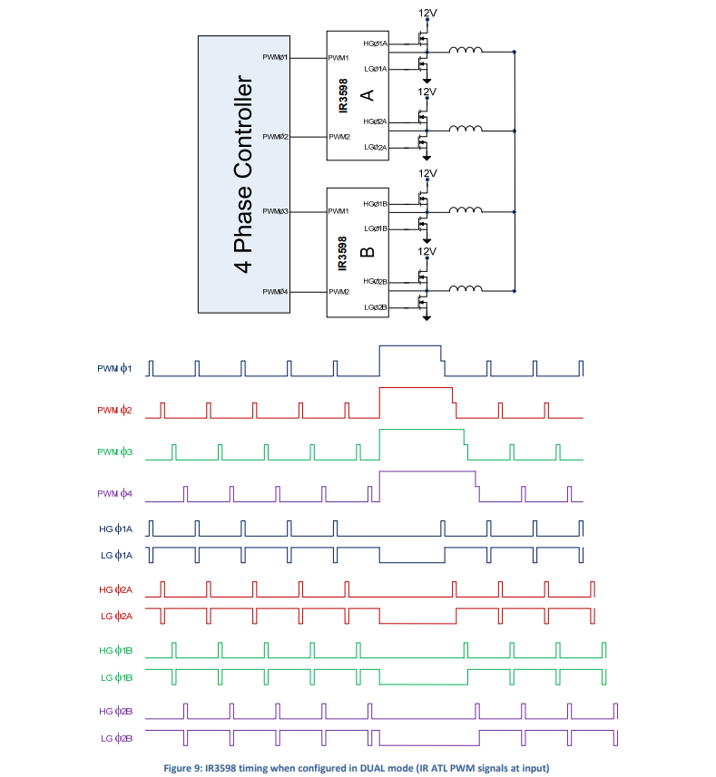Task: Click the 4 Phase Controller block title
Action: point(243,175)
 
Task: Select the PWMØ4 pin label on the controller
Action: point(276,291)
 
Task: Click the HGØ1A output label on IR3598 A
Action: point(375,44)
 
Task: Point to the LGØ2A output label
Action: point(375,147)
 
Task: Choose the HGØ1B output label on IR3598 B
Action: point(375,204)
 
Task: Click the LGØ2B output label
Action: point(375,307)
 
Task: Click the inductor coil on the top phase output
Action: point(466,51)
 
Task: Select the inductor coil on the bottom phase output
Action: point(466,290)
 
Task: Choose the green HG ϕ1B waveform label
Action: point(116,650)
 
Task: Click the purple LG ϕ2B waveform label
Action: point(116,738)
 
